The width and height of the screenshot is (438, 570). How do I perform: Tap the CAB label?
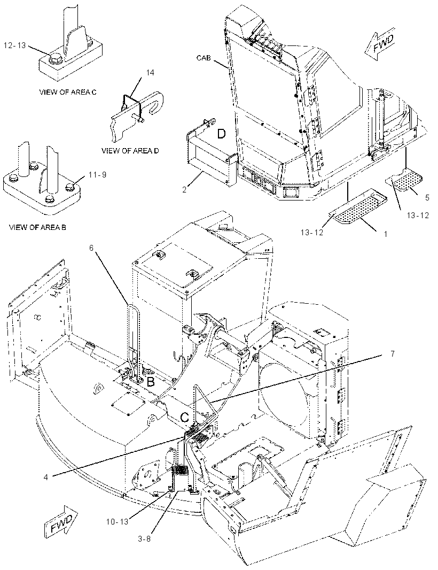pos(204,57)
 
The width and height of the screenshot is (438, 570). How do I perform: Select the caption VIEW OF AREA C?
pos(67,92)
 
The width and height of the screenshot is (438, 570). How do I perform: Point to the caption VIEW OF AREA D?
pos(130,150)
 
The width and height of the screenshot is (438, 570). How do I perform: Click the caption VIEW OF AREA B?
pos(37,228)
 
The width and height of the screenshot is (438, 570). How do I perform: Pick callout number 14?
pos(150,73)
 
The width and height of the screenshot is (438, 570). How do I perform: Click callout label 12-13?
pos(15,45)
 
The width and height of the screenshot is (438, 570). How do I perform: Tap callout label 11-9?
pos(97,175)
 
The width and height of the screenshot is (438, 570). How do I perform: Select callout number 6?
pos(91,248)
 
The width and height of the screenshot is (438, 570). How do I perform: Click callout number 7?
pos(392,353)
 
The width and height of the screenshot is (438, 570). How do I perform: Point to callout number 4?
pos(46,477)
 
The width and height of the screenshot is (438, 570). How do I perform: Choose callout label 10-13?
pos(118,522)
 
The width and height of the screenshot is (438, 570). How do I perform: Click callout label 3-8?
pos(144,539)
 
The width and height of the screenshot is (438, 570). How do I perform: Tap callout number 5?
pos(427,197)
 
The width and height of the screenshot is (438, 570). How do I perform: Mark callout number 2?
pos(184,190)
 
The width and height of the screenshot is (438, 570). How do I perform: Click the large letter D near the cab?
pos(221,134)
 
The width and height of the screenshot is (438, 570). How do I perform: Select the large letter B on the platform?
pos(150,382)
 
